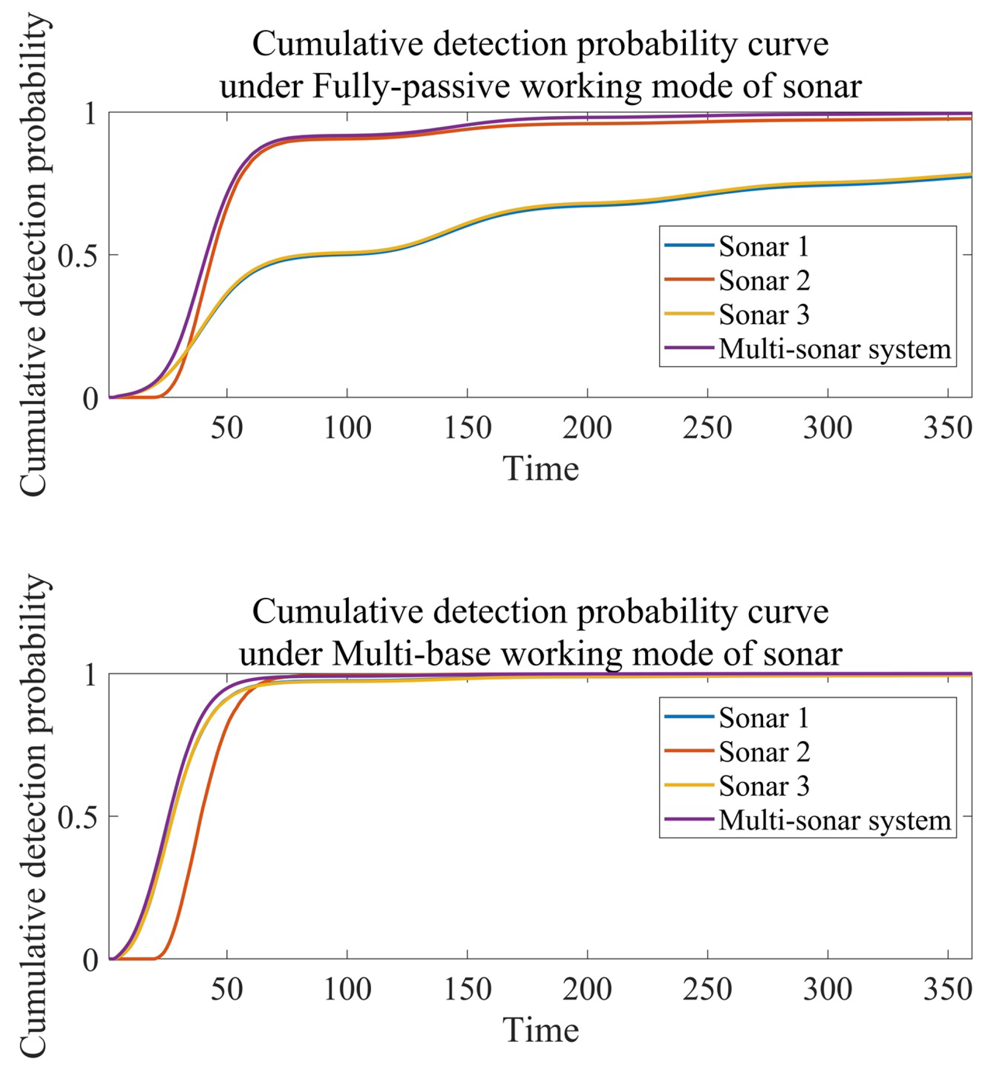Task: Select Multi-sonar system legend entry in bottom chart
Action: [x=834, y=820]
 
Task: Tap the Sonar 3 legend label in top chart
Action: [x=764, y=315]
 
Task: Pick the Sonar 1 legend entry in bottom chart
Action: [x=764, y=718]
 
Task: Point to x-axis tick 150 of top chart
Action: [x=467, y=428]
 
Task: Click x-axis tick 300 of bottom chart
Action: [x=828, y=990]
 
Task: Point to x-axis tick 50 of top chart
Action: [x=227, y=428]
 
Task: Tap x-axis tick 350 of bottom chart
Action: [x=948, y=990]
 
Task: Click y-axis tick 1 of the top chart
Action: [x=90, y=113]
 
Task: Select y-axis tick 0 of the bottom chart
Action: [x=90, y=960]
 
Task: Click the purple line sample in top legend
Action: [x=689, y=348]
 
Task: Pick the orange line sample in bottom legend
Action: [x=689, y=751]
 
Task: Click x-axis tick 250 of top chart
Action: [x=708, y=428]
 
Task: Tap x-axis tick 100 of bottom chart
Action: [x=347, y=990]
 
